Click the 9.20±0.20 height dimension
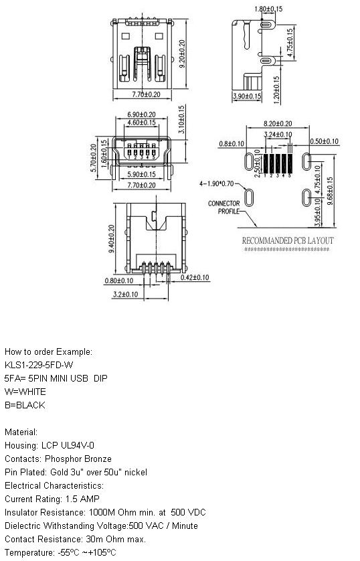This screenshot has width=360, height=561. (x=182, y=54)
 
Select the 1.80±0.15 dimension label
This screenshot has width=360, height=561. (x=268, y=9)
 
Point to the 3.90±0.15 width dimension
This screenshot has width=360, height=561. (x=247, y=96)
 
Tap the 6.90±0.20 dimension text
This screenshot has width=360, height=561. (x=142, y=114)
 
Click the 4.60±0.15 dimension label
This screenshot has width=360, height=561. (x=142, y=123)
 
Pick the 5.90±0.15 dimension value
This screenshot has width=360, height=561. (x=142, y=174)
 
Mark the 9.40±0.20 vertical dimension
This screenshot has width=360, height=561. (x=111, y=239)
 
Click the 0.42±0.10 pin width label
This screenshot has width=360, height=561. (x=195, y=277)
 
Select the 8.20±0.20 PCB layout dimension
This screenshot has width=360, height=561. (x=278, y=123)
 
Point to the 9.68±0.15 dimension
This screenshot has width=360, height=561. (x=330, y=191)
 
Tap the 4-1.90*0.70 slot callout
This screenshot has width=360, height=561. (x=217, y=183)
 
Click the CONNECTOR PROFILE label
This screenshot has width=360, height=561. (x=224, y=207)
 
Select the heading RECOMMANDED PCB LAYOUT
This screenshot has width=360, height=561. (x=288, y=240)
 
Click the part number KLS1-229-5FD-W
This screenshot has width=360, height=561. (x=39, y=365)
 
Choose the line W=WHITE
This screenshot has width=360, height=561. (x=25, y=392)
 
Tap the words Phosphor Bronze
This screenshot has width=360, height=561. (x=78, y=459)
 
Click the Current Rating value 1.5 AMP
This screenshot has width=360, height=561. (x=82, y=499)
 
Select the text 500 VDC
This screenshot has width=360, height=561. (x=189, y=512)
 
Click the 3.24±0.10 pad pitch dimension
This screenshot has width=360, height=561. (x=278, y=135)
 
